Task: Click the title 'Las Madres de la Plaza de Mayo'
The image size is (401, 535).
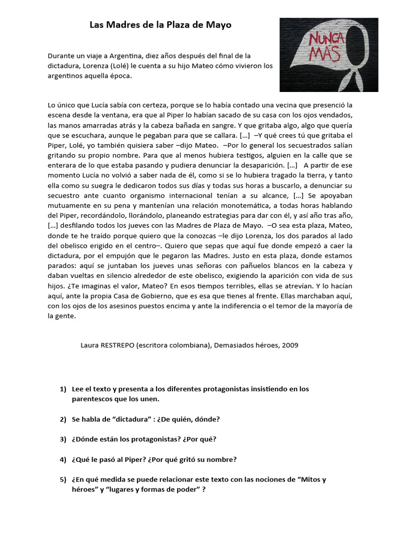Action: pos(160,25)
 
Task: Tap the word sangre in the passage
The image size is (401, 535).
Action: pos(222,125)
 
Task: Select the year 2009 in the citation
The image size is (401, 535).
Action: pos(290,346)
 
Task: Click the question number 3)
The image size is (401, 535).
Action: pos(63,439)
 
